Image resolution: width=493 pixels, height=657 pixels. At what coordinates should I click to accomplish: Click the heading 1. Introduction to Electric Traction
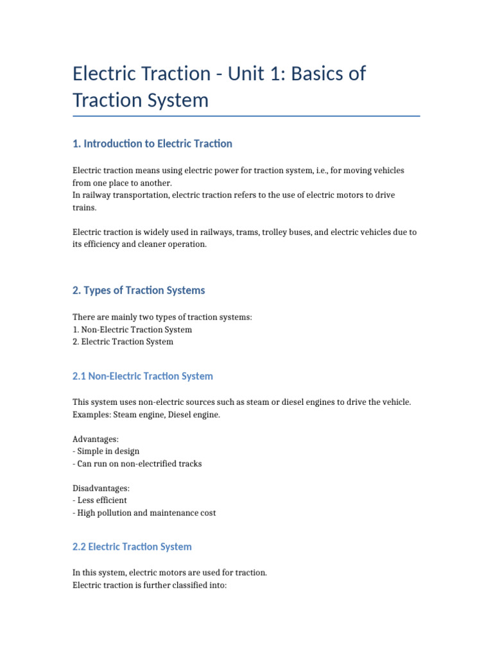[153, 144]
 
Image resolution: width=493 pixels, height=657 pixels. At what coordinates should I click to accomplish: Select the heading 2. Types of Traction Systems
[139, 291]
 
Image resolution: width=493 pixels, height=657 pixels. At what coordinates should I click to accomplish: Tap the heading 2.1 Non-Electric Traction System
[143, 377]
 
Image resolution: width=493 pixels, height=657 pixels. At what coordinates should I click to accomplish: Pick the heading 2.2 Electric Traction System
[132, 547]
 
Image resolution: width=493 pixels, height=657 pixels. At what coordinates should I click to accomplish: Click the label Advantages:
[96, 439]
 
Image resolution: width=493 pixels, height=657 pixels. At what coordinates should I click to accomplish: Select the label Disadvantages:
[101, 488]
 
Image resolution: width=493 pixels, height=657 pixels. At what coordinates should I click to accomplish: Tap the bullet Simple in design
[108, 451]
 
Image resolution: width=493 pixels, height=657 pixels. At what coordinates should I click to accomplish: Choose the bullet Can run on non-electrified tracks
[139, 463]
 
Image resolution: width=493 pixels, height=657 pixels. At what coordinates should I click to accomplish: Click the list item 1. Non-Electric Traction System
[132, 330]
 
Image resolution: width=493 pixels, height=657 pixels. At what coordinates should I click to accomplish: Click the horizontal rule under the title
[246, 116]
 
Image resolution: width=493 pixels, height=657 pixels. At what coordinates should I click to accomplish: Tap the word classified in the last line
[183, 584]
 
